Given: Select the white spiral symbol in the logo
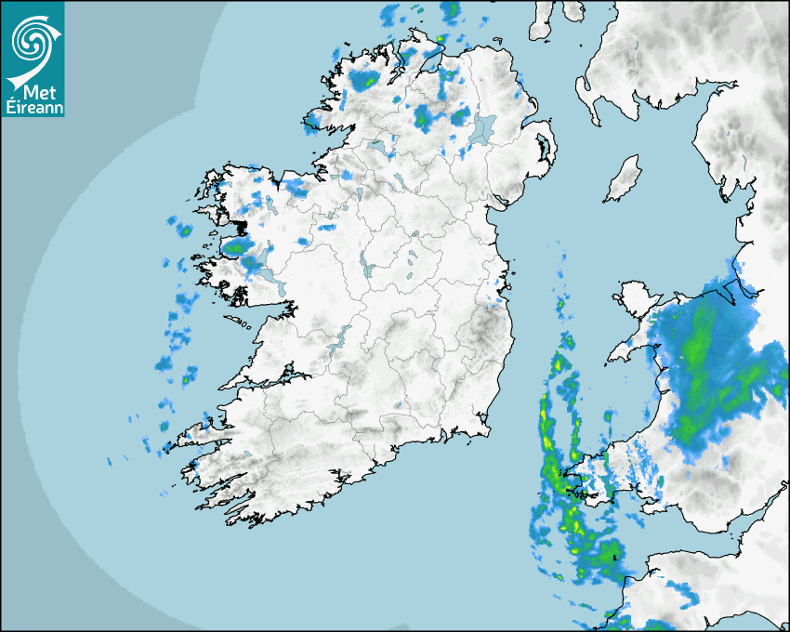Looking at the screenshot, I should pos(31,42).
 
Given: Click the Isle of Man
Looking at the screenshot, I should pos(623,179).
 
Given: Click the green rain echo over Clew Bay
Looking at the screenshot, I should pos(239,247).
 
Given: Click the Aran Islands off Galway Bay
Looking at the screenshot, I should pos(232,321).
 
